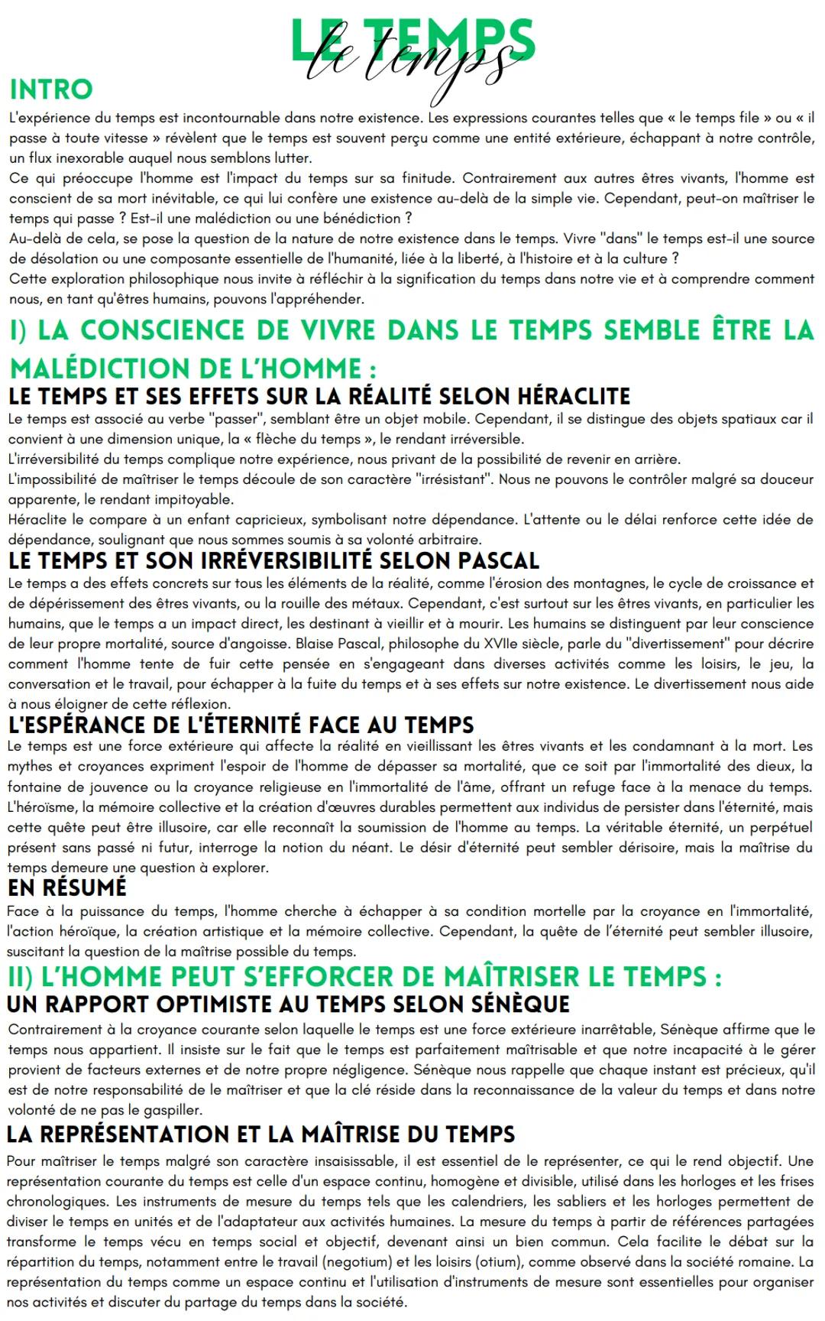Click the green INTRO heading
tap(50, 89)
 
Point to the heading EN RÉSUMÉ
tap(66, 888)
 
